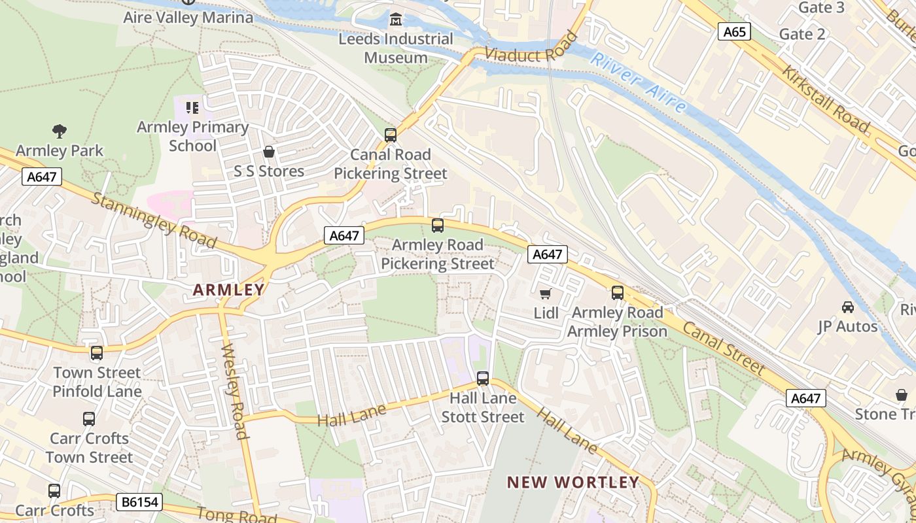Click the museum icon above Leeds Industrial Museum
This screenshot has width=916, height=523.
pyautogui.click(x=395, y=20)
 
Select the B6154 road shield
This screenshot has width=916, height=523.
pyautogui.click(x=139, y=502)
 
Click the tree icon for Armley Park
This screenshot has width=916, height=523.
pyautogui.click(x=60, y=131)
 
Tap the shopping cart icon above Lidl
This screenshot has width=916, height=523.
pyautogui.click(x=546, y=294)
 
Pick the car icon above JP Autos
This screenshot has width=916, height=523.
pyautogui.click(x=847, y=307)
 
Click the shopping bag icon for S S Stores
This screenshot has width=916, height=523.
pyautogui.click(x=268, y=152)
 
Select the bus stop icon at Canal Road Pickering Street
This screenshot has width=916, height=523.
pyautogui.click(x=391, y=135)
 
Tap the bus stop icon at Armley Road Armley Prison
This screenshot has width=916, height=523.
pyautogui.click(x=617, y=293)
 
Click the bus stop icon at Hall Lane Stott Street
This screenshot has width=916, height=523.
pyautogui.click(x=483, y=378)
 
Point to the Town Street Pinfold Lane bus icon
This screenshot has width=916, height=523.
pyautogui.click(x=97, y=353)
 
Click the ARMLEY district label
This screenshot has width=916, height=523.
pyautogui.click(x=229, y=290)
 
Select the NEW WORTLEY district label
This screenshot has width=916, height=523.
pyautogui.click(x=573, y=482)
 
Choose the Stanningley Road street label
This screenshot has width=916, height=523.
pyautogui.click(x=154, y=220)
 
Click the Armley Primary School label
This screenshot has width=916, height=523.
pyautogui.click(x=192, y=136)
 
